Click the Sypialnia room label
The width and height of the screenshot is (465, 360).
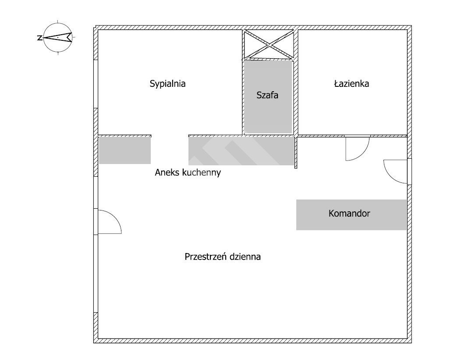tap(167, 84)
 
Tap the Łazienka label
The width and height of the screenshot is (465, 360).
tap(351, 84)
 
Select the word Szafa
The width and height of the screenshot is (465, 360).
tap(267, 95)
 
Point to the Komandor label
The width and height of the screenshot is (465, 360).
tap(349, 214)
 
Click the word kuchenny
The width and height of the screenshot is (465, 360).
tap(202, 173)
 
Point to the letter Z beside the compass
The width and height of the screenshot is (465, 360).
tap(39, 38)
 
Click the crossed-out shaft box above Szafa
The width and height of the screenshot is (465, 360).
tap(269, 44)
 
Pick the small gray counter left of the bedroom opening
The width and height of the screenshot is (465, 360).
tap(125, 150)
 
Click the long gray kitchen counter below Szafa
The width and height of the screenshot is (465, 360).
tap(241, 151)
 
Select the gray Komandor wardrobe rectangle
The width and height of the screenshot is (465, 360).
tap(351, 215)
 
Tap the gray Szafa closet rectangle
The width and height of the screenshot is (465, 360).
tap(268, 97)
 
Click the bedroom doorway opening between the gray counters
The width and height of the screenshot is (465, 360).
tap(170, 136)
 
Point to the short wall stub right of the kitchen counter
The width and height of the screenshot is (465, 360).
tap(296, 152)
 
